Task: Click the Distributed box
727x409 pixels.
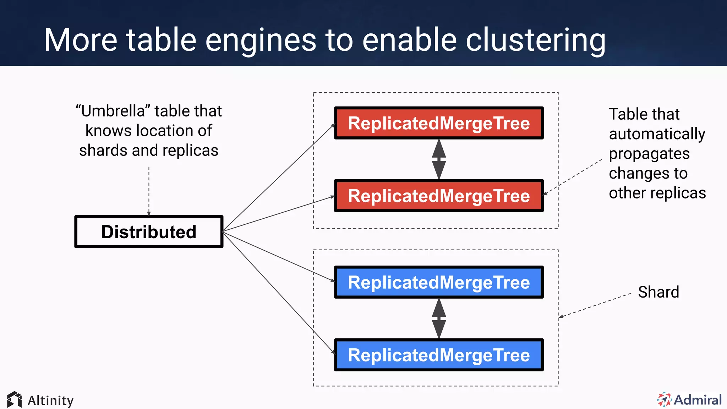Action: click(x=149, y=232)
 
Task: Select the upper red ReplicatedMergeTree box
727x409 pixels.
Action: click(x=439, y=123)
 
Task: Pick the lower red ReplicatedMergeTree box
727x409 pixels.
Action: click(x=439, y=196)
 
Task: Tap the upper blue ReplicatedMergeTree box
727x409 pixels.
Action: click(x=439, y=283)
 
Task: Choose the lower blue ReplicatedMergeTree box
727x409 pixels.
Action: click(x=439, y=355)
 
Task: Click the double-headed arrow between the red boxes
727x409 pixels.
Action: click(x=439, y=159)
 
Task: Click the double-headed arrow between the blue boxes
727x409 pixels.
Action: click(x=439, y=318)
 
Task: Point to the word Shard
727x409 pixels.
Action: click(x=658, y=292)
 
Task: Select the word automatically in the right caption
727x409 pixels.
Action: click(x=657, y=134)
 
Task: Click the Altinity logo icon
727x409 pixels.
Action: click(x=15, y=400)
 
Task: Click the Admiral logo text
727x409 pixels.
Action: click(x=698, y=400)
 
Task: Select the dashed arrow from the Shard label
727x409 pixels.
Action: click(x=595, y=305)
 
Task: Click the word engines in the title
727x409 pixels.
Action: click(x=261, y=40)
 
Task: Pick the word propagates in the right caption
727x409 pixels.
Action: click(x=649, y=154)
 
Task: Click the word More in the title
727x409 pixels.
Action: click(x=81, y=40)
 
